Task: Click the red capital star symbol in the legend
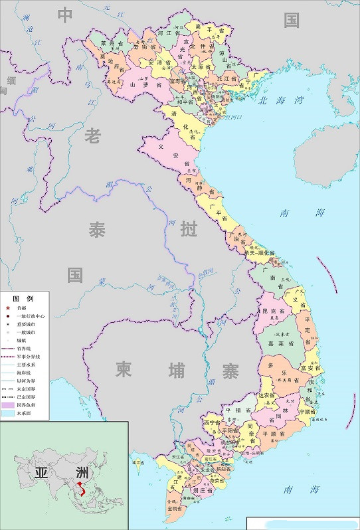click(x=7, y=309)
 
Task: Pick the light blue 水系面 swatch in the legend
click(x=9, y=413)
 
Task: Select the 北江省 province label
click(x=226, y=78)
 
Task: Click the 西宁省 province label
click(x=212, y=422)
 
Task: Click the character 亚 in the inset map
click(x=39, y=473)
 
